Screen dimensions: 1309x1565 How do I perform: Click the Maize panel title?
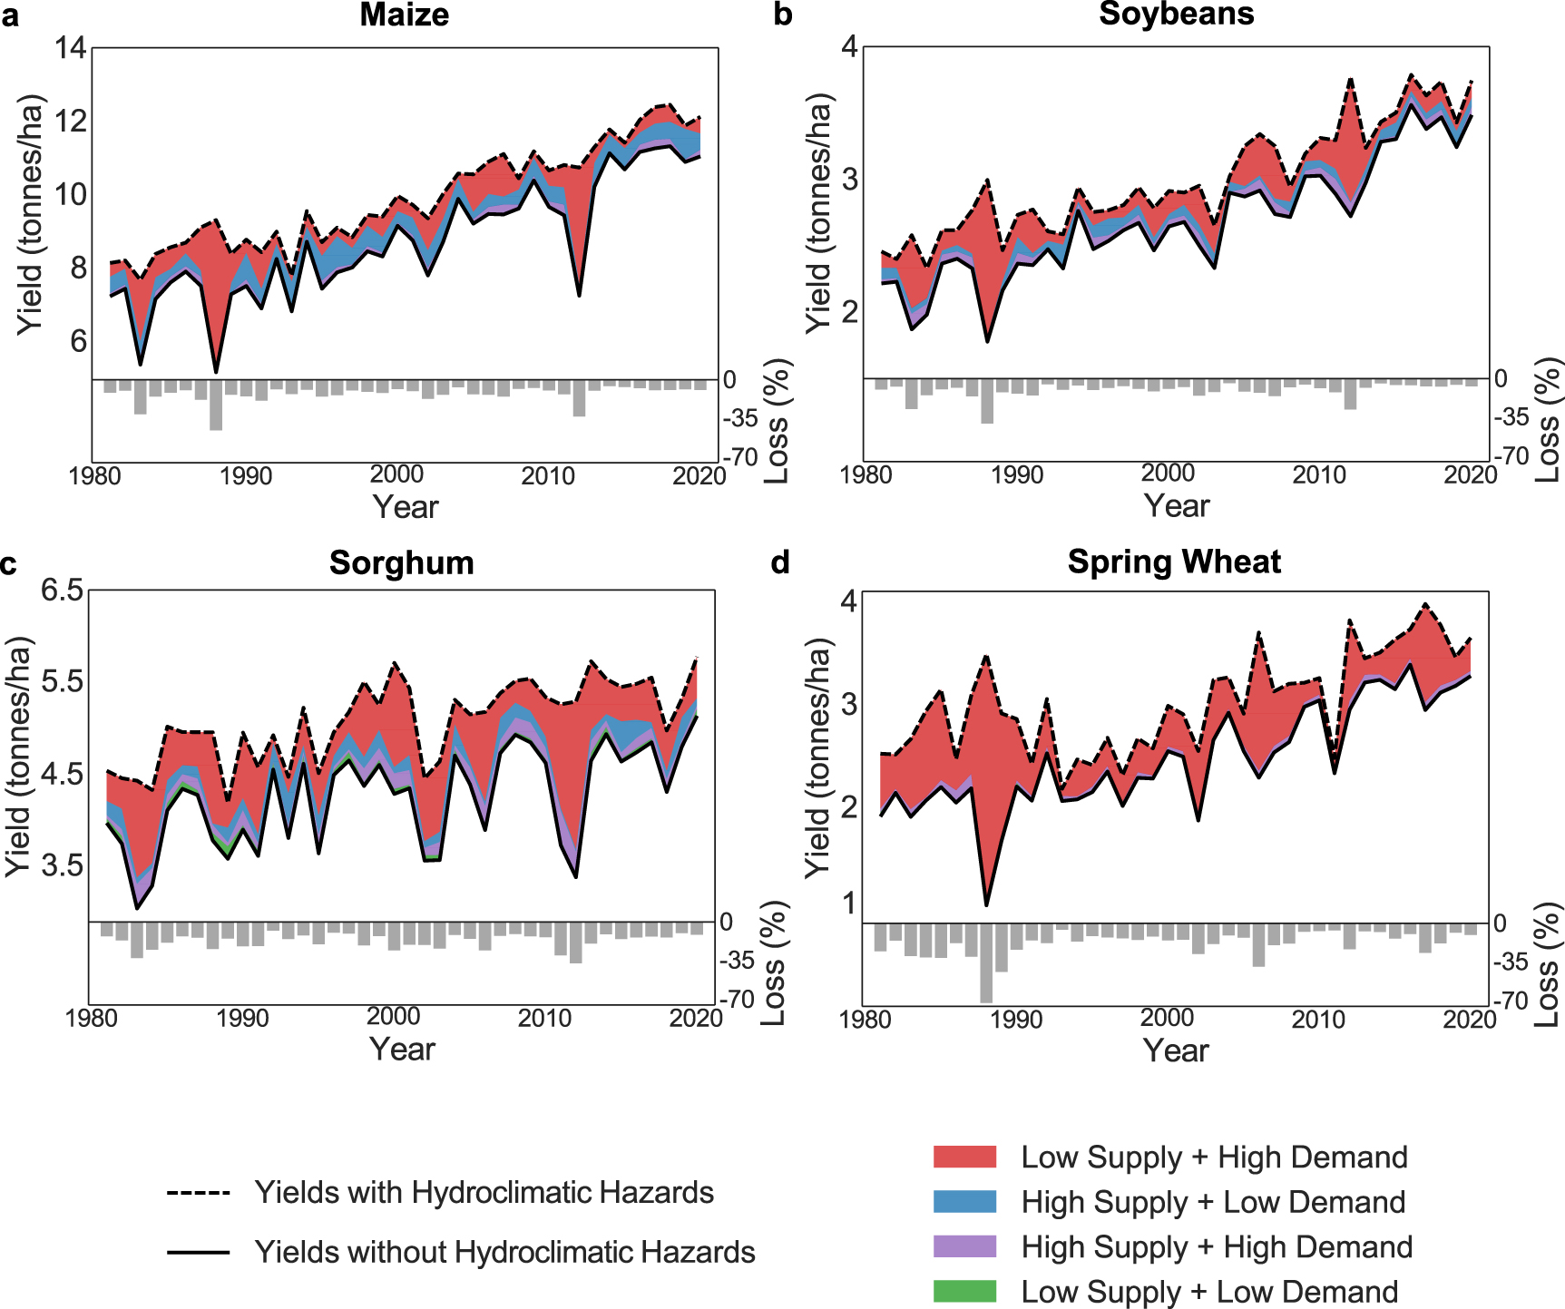[x=404, y=15]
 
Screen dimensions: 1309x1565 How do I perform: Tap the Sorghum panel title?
[x=401, y=562]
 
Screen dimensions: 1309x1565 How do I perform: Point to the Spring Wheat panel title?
[x=1174, y=562]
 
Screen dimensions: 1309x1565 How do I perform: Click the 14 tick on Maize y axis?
[x=71, y=47]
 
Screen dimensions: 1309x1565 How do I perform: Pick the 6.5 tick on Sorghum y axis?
[x=62, y=591]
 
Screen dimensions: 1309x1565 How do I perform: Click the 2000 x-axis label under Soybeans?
[x=1168, y=473]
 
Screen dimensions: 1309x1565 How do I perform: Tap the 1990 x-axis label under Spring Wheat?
[x=1015, y=1019]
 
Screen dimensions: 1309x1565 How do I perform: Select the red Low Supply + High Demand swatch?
[x=964, y=1157]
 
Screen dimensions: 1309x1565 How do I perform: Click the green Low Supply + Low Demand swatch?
[x=964, y=1291]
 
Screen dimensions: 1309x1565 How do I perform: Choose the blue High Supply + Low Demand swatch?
[x=964, y=1202]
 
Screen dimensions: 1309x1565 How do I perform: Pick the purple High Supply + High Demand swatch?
[x=964, y=1246]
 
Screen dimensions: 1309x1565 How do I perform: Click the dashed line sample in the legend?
[x=198, y=1193]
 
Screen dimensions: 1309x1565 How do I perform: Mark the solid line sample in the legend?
[x=198, y=1253]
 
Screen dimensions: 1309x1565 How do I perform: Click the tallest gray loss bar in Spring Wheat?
[x=986, y=962]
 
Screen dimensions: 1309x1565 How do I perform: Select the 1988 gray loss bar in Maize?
[x=216, y=405]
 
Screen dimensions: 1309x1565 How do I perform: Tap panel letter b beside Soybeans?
[x=783, y=15]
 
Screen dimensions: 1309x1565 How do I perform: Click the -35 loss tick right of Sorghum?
[x=737, y=960]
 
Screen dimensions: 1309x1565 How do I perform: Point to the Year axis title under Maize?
[x=405, y=507]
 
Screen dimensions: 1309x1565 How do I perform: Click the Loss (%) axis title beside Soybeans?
[x=1548, y=419]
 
